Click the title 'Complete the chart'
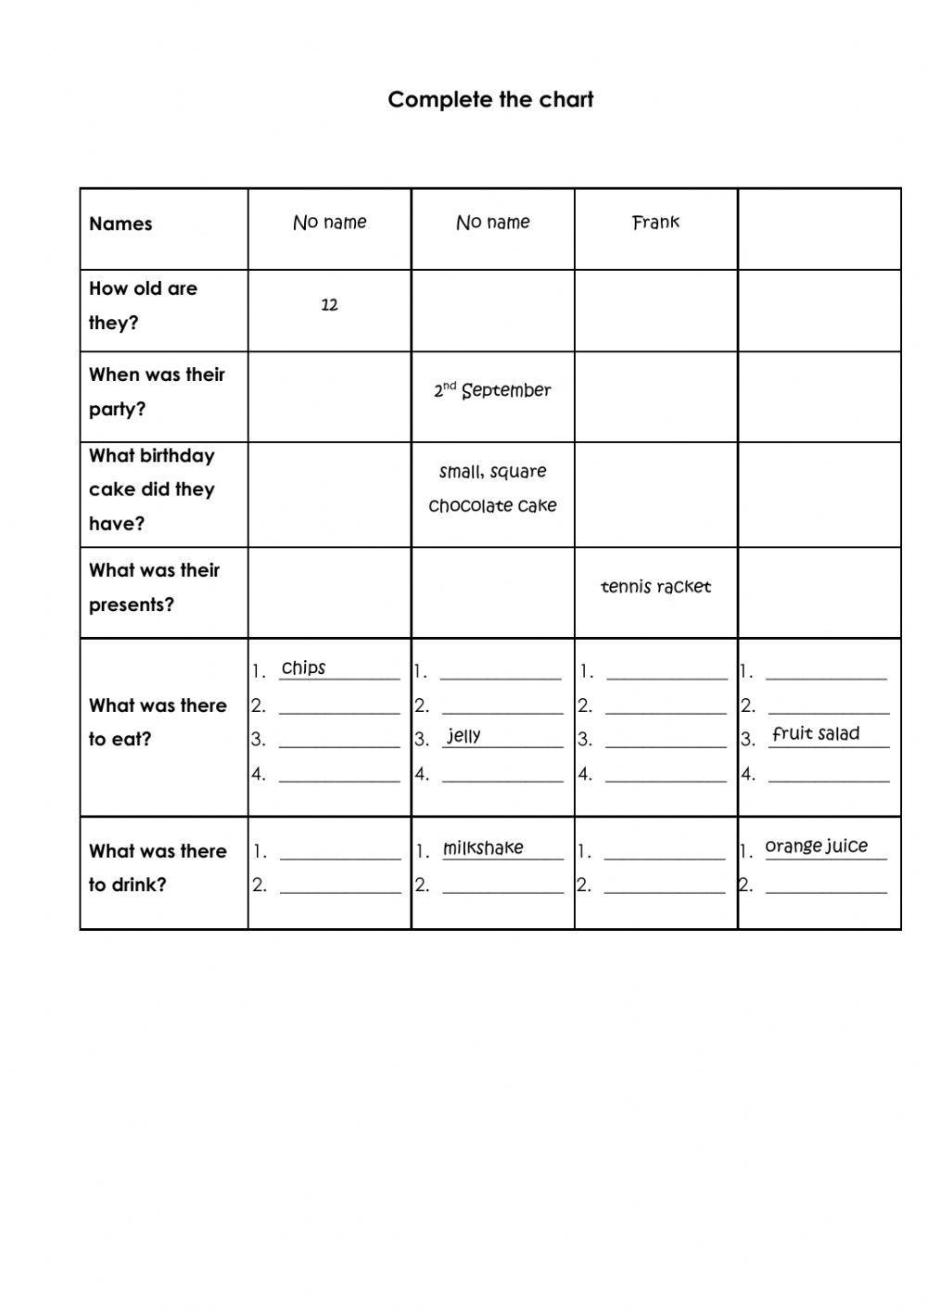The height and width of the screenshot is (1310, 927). [x=490, y=100]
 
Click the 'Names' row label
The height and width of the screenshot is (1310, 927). [x=121, y=224]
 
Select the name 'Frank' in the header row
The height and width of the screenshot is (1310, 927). [x=655, y=223]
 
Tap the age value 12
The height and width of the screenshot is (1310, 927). [x=329, y=305]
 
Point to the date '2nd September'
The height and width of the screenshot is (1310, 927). [x=492, y=390]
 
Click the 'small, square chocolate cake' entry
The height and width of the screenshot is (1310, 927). [x=492, y=489]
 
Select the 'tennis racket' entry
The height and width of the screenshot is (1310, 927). [x=655, y=587]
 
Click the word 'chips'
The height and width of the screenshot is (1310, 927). [x=303, y=668]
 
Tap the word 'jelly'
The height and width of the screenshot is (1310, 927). [x=463, y=736]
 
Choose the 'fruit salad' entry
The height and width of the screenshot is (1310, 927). [x=816, y=734]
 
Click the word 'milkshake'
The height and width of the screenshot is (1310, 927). [x=483, y=848]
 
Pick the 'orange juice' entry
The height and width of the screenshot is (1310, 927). [x=816, y=846]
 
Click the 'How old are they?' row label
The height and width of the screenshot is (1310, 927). [x=143, y=305]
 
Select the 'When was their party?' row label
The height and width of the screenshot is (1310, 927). [x=157, y=391]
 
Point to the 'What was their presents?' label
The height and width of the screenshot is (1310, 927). [x=154, y=587]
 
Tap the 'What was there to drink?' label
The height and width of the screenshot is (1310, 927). [x=158, y=868]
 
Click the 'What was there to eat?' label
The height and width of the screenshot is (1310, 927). [x=158, y=722]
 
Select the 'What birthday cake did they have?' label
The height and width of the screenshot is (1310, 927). [x=152, y=490]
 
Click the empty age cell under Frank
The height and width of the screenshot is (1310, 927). [x=655, y=311]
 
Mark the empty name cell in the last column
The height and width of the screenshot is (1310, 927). [x=819, y=229]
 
